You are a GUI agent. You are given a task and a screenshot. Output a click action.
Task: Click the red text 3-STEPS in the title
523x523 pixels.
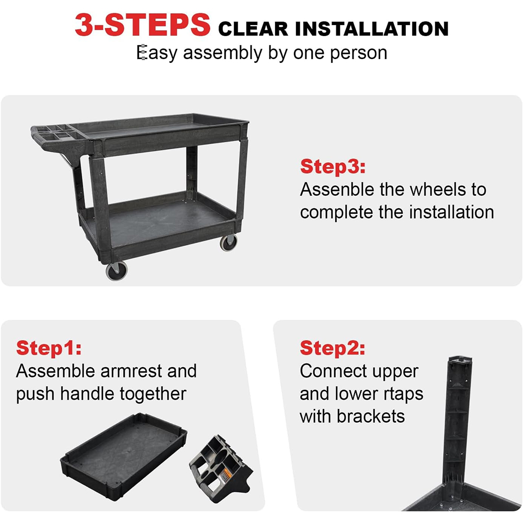[142, 25]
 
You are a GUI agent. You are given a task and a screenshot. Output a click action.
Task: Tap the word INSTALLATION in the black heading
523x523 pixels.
[371, 29]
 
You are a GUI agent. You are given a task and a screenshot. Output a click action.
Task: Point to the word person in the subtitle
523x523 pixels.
[359, 53]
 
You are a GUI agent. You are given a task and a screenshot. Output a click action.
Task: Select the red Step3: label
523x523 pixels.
[333, 166]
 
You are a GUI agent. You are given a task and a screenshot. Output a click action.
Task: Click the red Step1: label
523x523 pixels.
[49, 348]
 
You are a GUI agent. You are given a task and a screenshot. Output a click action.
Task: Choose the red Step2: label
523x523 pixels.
[332, 348]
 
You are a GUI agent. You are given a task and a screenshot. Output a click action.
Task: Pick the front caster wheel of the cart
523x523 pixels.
[117, 270]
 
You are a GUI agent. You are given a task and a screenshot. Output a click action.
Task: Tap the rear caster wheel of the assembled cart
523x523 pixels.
[229, 242]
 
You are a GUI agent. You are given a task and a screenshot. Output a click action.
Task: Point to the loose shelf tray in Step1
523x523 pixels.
[124, 456]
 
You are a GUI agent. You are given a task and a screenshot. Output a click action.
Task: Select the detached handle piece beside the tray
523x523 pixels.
[220, 469]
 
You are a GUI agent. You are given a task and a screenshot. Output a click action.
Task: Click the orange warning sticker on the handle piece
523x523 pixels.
[226, 474]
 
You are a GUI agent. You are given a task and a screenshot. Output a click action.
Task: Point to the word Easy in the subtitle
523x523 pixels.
[157, 53]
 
